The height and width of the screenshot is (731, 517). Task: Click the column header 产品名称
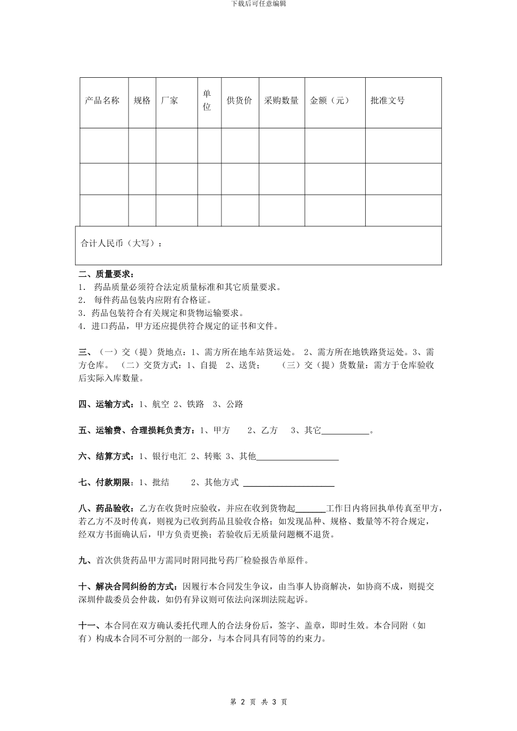pos(102,101)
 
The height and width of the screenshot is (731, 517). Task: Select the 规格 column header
pos(142,101)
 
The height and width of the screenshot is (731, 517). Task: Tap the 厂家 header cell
pos(170,101)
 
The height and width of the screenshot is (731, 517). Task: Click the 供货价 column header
pos(239,101)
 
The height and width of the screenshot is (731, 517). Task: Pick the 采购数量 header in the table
pos(281,101)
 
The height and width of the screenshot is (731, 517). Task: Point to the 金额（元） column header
pos(330,101)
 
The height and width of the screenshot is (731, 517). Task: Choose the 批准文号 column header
pos(387,101)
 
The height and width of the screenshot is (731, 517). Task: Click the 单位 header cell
pos(207,101)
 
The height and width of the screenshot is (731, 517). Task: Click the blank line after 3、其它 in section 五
pos(345,431)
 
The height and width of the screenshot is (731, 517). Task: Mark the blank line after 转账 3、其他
pos(297,457)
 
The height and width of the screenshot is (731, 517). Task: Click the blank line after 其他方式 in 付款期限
pos(288,483)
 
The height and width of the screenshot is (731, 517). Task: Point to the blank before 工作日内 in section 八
pos(310,509)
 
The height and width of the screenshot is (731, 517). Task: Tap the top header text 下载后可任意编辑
pos(258,4)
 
